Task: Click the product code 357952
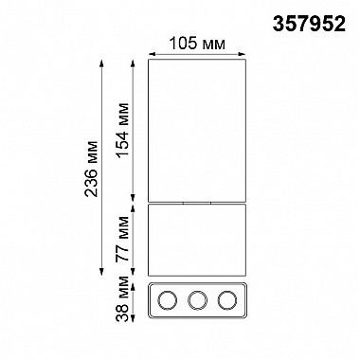click(x=309, y=24)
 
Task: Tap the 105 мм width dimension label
click(x=198, y=44)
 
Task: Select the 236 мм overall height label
click(x=91, y=169)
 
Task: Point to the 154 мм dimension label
click(x=122, y=130)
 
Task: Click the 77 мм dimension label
click(x=122, y=239)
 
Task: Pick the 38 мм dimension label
click(x=122, y=298)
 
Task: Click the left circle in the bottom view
click(x=167, y=300)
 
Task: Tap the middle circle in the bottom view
click(x=197, y=300)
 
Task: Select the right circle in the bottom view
click(x=227, y=300)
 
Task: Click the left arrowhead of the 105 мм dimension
click(x=152, y=54)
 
